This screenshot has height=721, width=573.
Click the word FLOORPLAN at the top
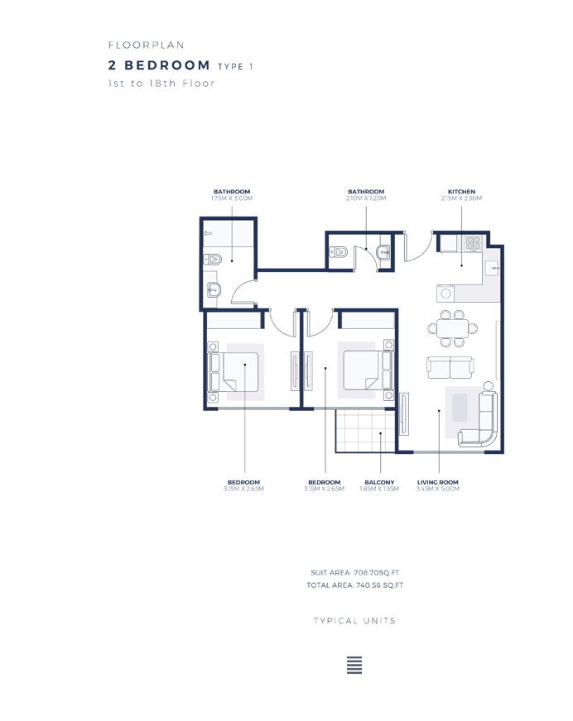coord(146,45)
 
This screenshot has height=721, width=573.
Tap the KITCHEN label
coord(461,192)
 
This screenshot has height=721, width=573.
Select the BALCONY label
coord(379,482)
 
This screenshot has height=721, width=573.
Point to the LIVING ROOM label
coord(437,482)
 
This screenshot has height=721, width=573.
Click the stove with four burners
coord(474,244)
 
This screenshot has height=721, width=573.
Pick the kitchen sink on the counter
coord(493,267)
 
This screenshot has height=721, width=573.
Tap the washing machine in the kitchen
coord(446,293)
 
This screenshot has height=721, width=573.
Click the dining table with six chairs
coord(452,327)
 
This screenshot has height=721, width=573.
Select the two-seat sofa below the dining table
coord(449,365)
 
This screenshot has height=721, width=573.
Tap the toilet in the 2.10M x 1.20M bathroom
coord(338,253)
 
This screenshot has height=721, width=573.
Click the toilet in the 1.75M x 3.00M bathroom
coord(212,260)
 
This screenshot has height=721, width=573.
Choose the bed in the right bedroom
coord(364,370)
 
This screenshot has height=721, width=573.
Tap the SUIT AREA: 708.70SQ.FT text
coord(354,571)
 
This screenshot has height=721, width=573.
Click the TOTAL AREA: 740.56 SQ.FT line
coord(354,585)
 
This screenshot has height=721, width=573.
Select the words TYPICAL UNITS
coord(354,621)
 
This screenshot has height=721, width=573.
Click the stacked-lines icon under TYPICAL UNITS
coord(354,666)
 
